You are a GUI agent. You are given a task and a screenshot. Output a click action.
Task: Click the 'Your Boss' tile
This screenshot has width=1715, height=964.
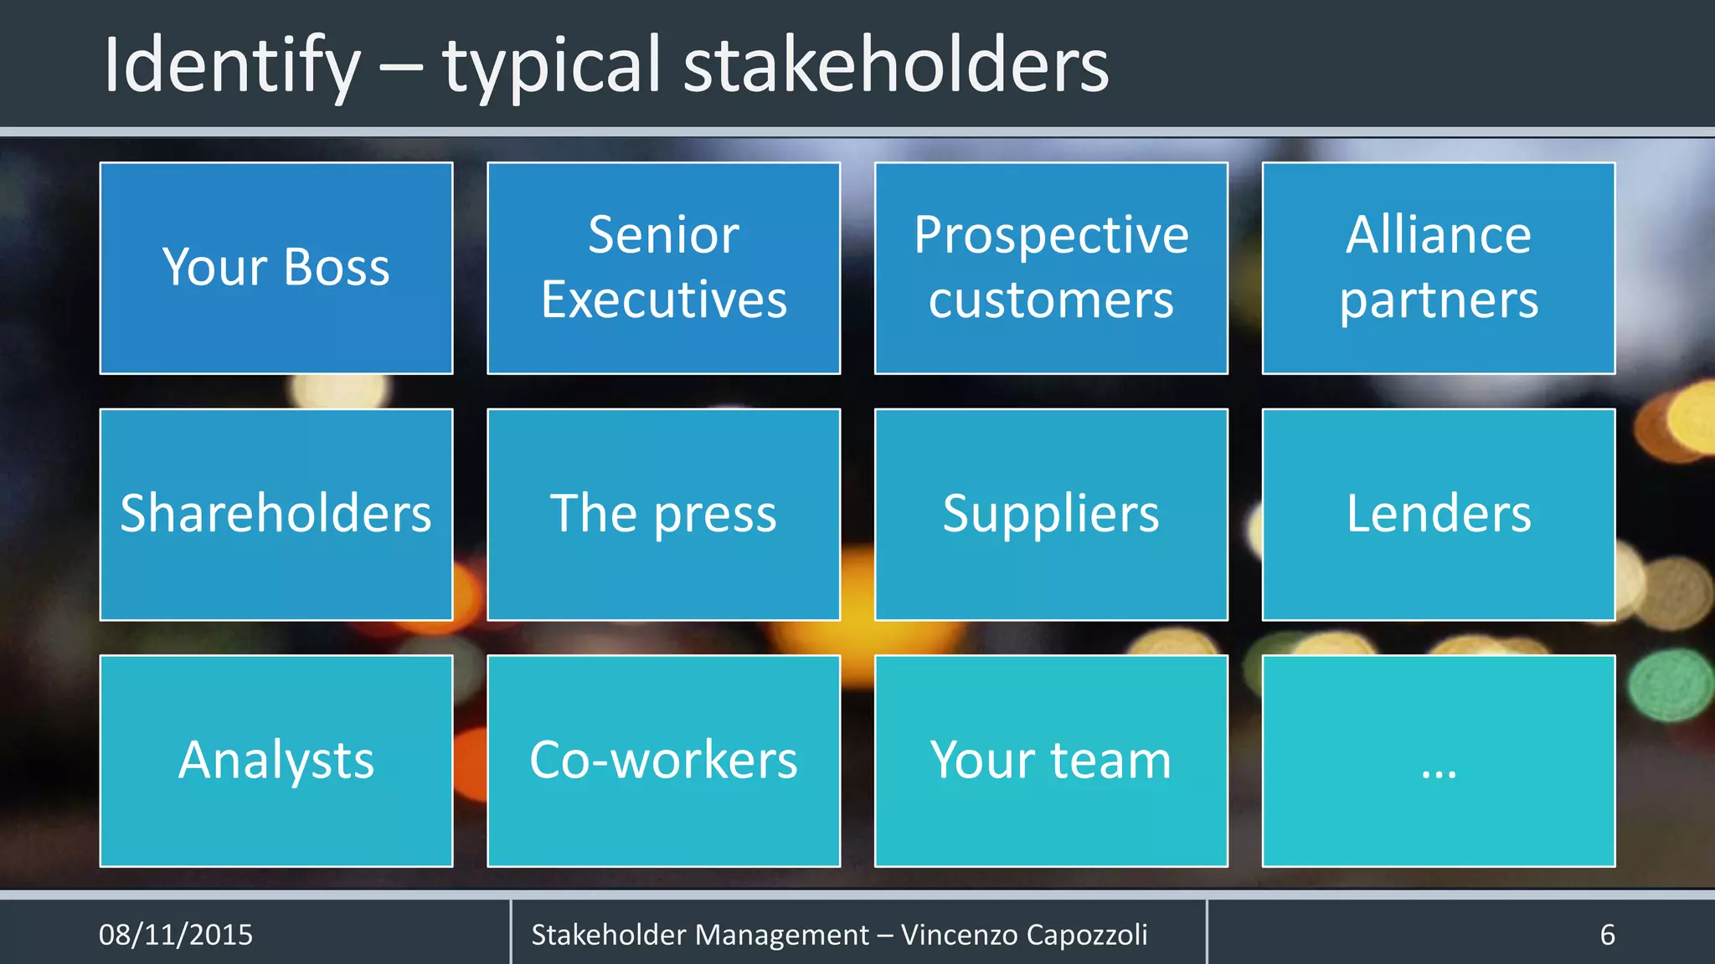coord(276,268)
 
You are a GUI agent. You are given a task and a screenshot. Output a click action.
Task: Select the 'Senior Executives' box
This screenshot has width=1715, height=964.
coord(663,268)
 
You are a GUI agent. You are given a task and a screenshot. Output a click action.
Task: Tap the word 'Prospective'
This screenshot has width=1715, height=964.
coord(1051,235)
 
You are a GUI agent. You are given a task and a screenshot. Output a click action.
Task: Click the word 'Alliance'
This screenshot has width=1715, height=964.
coord(1438,235)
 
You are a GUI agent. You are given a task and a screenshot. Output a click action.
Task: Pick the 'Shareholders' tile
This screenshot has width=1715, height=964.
coord(276,514)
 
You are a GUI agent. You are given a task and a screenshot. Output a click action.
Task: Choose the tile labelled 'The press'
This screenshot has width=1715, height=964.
coord(663,514)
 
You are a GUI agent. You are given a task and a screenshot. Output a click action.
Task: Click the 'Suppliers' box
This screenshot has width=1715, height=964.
coord(1051,514)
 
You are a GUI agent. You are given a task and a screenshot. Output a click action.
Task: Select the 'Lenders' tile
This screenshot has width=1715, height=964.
coord(1438,514)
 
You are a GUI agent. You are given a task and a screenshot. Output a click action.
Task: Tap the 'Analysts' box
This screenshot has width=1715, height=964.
coord(276,760)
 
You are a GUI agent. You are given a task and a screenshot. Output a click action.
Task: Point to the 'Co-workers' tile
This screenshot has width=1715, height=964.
coord(663,760)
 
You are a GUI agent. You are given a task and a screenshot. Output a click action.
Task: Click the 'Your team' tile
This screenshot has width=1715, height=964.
coord(1051,760)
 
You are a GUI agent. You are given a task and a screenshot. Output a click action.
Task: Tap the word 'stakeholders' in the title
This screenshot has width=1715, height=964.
coord(895,65)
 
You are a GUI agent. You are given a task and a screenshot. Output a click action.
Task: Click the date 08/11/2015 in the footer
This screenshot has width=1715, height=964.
coord(176,935)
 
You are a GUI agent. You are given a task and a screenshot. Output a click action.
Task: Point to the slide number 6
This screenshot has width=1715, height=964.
coord(1607,935)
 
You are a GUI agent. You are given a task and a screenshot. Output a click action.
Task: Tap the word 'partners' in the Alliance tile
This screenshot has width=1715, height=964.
coord(1438,300)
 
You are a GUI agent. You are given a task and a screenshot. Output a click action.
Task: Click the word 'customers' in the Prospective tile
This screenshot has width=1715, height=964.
coord(1051,300)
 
